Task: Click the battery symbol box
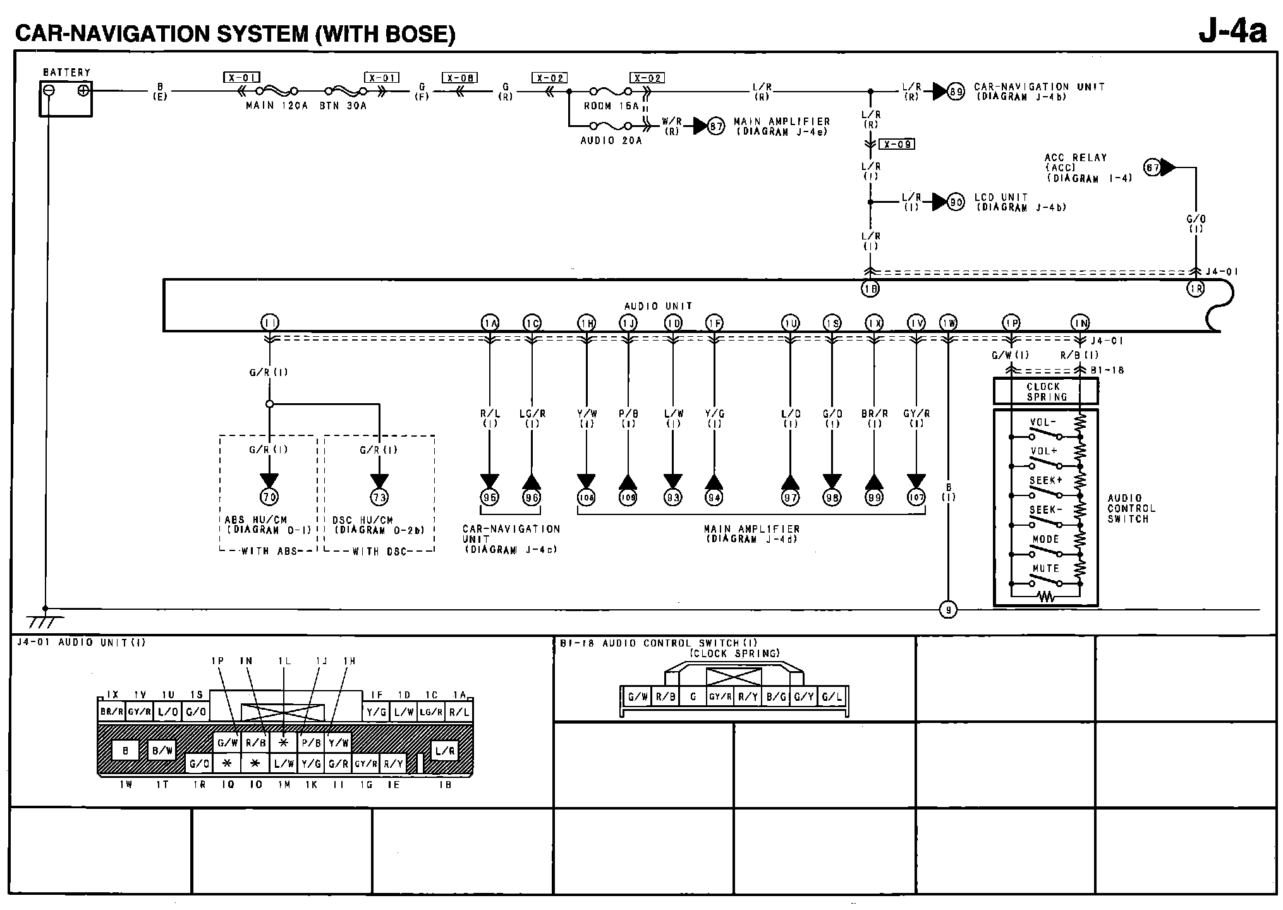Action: [66, 99]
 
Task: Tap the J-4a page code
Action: [1232, 31]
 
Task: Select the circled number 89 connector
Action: [957, 92]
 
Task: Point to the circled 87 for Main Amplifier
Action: [716, 126]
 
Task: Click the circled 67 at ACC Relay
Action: [1153, 167]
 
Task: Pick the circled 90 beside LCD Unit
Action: [957, 202]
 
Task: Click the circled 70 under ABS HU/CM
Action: [270, 497]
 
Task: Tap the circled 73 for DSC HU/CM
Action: [379, 497]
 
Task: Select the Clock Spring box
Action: [1046, 391]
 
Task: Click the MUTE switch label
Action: [1045, 569]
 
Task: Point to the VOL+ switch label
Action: [1044, 451]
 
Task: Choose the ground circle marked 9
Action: [948, 610]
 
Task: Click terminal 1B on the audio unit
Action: [870, 289]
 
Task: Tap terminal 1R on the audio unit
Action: [1195, 289]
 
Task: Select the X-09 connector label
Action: [897, 144]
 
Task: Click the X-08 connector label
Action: [459, 78]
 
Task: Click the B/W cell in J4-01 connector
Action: [162, 751]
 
